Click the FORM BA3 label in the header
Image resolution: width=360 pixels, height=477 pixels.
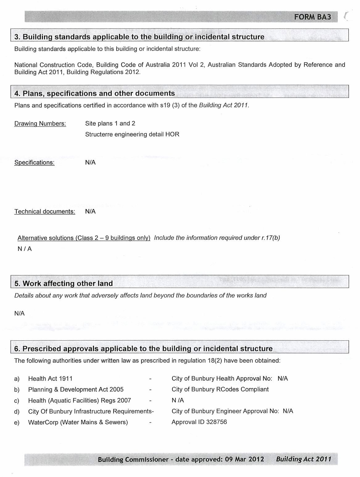[x=312, y=17]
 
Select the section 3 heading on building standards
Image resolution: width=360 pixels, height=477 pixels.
[x=139, y=37]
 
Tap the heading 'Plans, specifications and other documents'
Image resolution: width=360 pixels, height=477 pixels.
[x=95, y=93]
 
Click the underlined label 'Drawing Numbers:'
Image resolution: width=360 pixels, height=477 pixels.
[x=40, y=124]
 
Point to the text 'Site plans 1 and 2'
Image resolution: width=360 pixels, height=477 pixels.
[x=110, y=123]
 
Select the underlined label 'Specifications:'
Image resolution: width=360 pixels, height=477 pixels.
[x=34, y=163]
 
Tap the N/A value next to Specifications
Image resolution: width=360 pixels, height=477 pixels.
[x=90, y=162]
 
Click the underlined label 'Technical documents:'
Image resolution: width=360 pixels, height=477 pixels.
[x=45, y=212]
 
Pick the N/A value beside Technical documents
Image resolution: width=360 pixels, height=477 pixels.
[x=90, y=211]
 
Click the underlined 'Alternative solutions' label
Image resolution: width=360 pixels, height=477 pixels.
[x=84, y=238]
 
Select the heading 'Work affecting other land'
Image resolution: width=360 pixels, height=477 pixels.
[x=64, y=284]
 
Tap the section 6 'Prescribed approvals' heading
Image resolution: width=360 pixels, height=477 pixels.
[x=143, y=349]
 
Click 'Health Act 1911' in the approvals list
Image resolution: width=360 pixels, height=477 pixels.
[x=50, y=379]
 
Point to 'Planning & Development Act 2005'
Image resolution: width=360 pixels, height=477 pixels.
[x=76, y=390]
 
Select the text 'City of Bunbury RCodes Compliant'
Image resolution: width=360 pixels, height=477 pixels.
[x=220, y=389]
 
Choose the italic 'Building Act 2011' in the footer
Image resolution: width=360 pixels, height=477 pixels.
[x=304, y=459]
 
